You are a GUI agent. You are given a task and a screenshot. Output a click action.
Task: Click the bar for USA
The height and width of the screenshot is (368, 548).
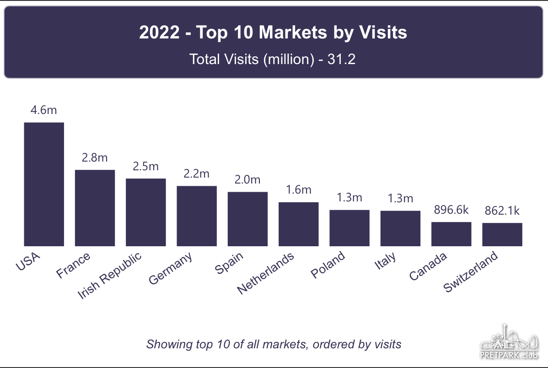pos(44,184)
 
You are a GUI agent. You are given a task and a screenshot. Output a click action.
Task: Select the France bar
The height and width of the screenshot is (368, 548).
pos(95,208)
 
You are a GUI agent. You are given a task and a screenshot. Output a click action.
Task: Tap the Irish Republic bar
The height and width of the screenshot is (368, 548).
pos(145,212)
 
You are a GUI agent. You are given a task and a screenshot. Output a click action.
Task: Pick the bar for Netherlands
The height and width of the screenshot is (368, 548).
pos(298,224)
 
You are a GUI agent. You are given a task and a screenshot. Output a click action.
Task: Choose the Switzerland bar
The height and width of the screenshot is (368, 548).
pos(502,234)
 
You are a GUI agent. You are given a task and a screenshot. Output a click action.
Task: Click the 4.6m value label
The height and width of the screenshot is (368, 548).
pos(44,110)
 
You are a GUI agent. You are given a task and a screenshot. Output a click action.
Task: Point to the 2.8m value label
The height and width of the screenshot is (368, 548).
pos(95,158)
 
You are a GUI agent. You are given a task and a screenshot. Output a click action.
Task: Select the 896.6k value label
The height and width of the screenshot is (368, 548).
pos(451,210)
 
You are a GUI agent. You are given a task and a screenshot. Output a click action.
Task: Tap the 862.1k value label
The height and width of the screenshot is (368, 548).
pos(502,211)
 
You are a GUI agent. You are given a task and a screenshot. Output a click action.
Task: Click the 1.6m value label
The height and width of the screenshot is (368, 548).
pos(298,189)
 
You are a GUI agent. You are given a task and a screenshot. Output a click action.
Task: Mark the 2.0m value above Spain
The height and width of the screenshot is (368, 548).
pos(247,179)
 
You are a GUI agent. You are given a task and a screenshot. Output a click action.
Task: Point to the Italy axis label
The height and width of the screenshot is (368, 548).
pos(385,262)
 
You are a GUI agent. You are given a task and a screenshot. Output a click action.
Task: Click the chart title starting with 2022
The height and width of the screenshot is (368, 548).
pos(273,33)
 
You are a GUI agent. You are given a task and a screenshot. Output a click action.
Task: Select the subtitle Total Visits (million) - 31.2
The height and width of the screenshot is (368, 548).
pos(273,60)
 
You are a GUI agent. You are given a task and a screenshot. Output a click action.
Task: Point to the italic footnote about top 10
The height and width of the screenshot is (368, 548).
pos(274,344)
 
